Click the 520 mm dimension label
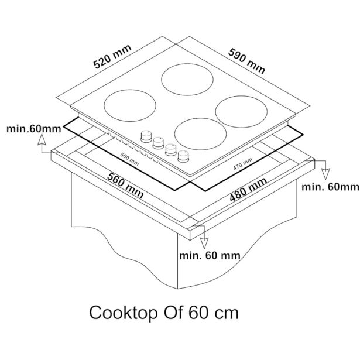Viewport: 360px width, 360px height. [x=113, y=57]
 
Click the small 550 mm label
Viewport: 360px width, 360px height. [x=129, y=159]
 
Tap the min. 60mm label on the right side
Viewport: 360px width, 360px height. [x=329, y=187]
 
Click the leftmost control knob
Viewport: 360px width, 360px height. [x=144, y=136]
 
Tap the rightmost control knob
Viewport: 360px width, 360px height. [x=184, y=155]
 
